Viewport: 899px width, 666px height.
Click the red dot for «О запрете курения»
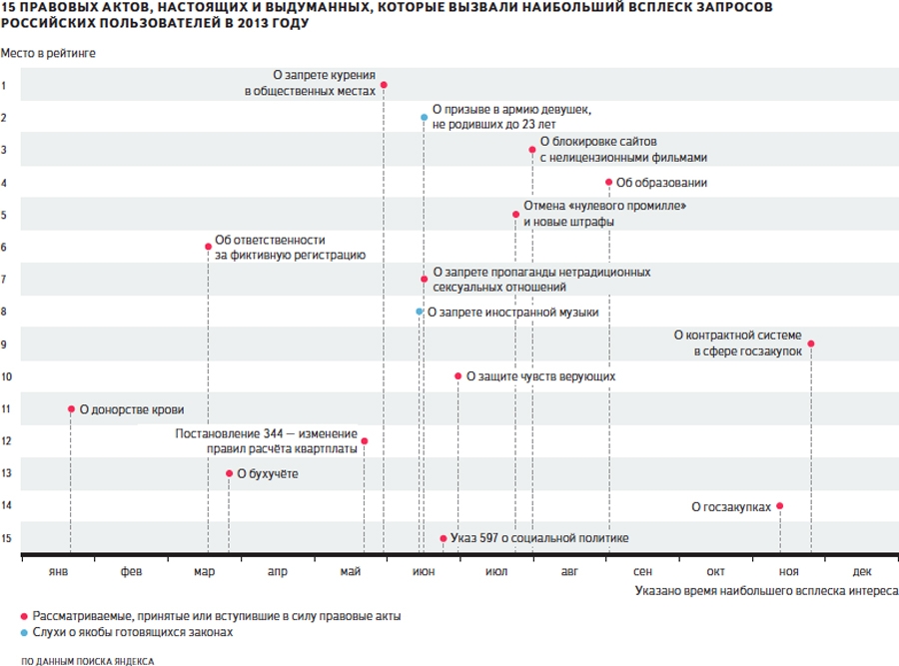(384, 85)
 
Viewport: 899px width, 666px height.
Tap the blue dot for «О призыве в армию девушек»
(424, 118)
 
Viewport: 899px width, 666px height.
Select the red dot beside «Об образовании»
(609, 183)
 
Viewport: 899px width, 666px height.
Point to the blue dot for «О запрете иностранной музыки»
(420, 312)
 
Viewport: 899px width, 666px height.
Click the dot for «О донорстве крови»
(71, 409)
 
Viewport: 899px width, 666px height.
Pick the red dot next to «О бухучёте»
(229, 473)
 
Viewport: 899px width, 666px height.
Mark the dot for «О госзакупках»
(780, 506)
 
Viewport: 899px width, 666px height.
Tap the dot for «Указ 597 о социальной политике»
(444, 539)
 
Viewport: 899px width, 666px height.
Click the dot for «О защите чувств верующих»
(457, 376)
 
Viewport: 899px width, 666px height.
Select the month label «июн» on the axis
(424, 571)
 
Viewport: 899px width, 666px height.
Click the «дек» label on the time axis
(862, 571)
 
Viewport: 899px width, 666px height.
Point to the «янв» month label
(58, 571)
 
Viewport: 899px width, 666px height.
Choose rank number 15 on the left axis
(6, 538)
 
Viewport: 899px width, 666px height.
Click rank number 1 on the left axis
(3, 86)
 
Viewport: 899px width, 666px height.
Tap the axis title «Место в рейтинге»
(48, 53)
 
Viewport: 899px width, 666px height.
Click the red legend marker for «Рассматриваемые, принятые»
(24, 617)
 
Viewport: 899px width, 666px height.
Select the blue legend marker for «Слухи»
(24, 633)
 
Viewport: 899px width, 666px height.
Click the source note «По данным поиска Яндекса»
(88, 661)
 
